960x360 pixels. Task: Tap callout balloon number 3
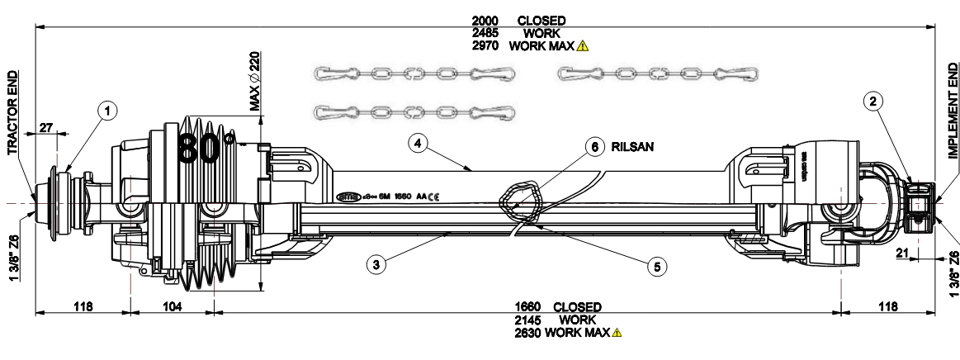tap(376, 265)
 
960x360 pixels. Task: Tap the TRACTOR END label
tap(12, 111)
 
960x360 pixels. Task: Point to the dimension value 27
tap(46, 127)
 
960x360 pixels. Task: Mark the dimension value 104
tap(172, 306)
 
